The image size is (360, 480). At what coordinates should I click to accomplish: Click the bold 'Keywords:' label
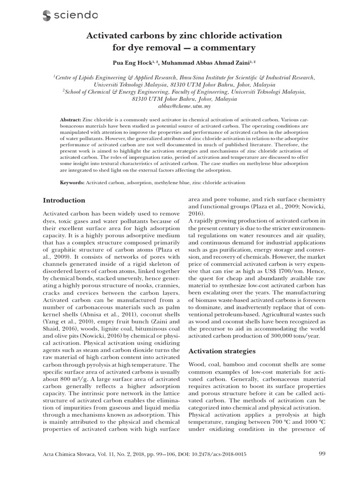coord(73,182)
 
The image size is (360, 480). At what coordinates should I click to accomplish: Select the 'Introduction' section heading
coord(64,200)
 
